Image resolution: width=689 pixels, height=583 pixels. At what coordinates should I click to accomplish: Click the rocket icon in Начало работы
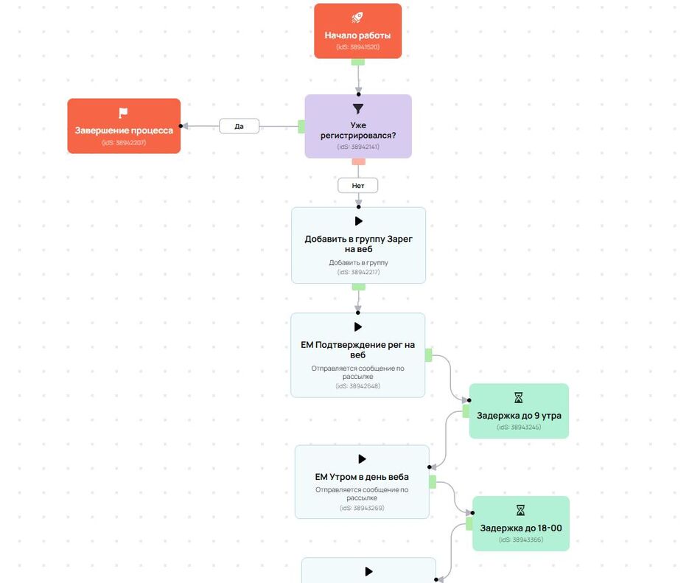(x=357, y=18)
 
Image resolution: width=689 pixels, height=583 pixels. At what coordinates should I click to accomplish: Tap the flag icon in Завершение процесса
(x=123, y=113)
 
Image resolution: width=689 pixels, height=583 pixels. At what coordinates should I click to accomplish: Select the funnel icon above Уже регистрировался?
(x=358, y=108)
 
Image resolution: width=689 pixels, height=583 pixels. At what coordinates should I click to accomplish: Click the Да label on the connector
(x=239, y=126)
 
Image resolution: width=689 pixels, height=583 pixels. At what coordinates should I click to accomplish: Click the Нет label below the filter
(x=358, y=186)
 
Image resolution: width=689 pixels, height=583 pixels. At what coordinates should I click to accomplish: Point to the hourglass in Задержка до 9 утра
(x=519, y=398)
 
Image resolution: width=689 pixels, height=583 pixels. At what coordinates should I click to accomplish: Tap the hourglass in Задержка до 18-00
(x=520, y=510)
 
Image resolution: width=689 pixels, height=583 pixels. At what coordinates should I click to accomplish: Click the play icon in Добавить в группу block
(x=359, y=220)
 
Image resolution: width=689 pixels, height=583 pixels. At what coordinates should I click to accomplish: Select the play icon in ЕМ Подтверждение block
(x=358, y=327)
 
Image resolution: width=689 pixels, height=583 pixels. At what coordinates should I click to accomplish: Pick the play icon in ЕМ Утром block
(x=362, y=458)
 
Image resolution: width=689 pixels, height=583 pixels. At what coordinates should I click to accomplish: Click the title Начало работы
(x=357, y=35)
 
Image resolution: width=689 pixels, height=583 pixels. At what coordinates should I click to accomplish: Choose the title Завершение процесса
(x=124, y=130)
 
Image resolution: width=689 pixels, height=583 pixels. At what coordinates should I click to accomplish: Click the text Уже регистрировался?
(x=358, y=131)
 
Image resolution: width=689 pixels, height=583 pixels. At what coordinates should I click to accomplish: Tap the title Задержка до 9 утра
(x=519, y=416)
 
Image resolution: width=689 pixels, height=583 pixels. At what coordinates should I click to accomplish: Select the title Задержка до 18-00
(x=520, y=528)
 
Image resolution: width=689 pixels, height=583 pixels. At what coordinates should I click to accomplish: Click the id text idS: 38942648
(x=357, y=385)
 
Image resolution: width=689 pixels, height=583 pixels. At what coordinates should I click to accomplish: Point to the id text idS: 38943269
(x=362, y=508)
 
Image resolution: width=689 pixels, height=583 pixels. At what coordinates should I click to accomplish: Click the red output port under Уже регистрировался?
(x=358, y=161)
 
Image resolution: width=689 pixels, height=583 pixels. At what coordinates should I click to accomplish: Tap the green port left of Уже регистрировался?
(x=301, y=127)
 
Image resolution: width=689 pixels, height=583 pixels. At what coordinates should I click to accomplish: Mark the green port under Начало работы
(x=358, y=62)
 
